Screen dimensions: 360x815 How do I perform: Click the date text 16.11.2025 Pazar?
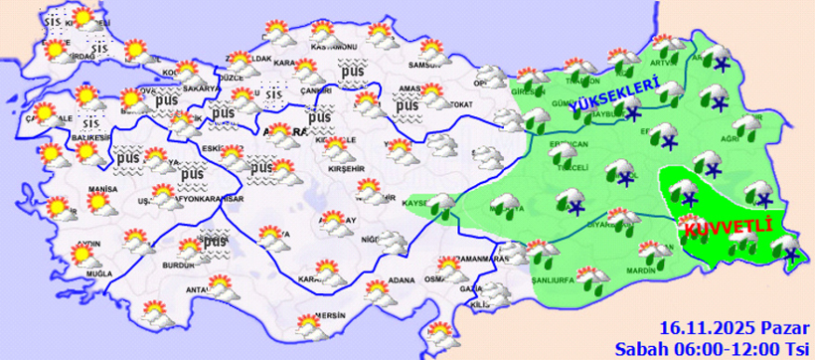tap(734, 328)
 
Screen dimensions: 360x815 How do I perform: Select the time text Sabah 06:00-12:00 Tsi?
tap(712, 347)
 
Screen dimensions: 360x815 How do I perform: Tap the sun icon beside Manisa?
tap(97, 203)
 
